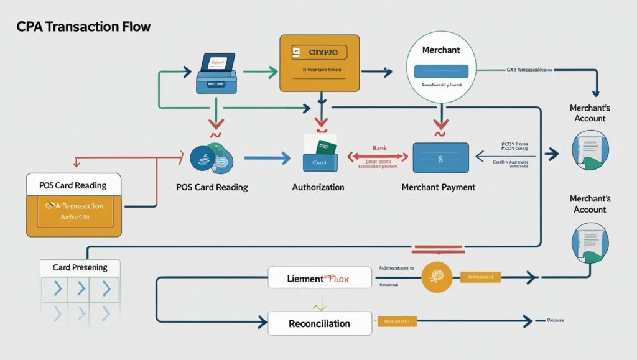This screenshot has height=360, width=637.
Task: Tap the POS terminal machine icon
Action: coord(215,73)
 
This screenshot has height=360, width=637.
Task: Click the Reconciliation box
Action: coord(319,323)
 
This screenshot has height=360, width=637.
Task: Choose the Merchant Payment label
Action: coord(439,187)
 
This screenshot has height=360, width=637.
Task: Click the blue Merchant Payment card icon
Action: coord(440,158)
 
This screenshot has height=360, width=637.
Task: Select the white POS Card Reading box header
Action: coord(73,185)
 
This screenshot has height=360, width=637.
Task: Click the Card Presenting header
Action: coord(80,267)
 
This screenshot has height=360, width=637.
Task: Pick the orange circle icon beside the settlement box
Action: coord(437,277)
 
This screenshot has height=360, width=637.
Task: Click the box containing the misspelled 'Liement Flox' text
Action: coord(319,277)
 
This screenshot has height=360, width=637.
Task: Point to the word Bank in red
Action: coord(379,149)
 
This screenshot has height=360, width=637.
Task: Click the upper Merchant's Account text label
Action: coord(588,113)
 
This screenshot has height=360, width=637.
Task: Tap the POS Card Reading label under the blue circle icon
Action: coord(213,187)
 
